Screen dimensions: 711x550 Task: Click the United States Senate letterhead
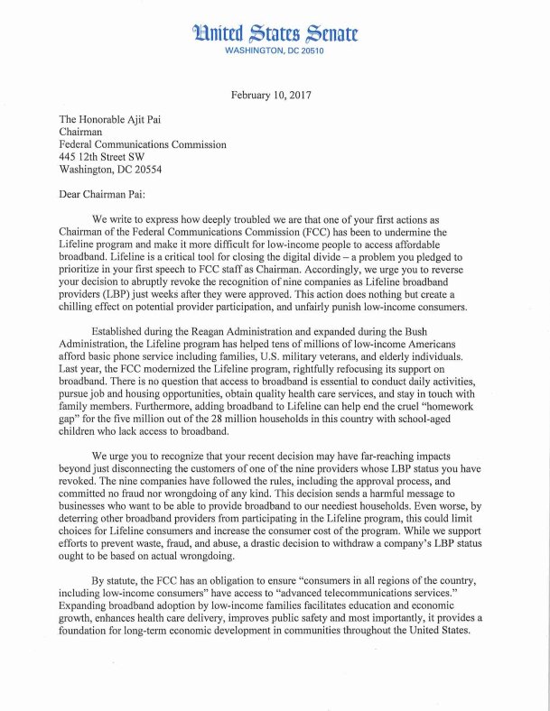click(274, 34)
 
